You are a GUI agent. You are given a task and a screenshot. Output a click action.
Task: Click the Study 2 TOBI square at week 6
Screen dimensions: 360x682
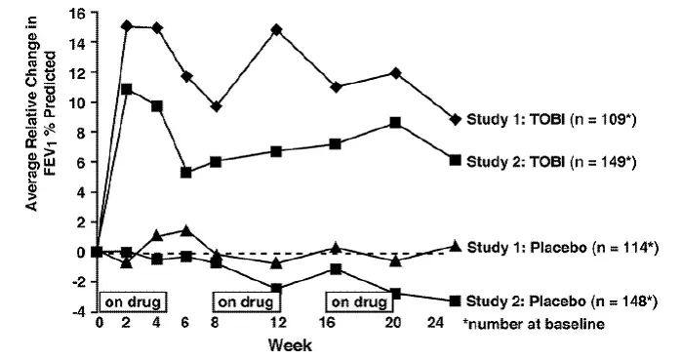[186, 172]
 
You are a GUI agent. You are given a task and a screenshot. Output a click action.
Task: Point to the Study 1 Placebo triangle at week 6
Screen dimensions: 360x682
[186, 230]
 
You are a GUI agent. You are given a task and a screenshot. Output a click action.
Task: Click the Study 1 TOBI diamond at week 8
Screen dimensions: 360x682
[216, 106]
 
